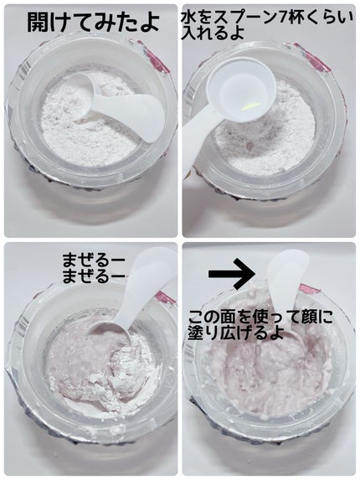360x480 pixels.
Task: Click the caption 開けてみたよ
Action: click(x=93, y=22)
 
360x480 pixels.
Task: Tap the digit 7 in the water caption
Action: click(x=282, y=19)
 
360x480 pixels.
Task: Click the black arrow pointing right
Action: click(x=232, y=273)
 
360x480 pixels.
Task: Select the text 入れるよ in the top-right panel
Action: click(x=213, y=33)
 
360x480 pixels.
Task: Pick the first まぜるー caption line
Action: click(x=93, y=261)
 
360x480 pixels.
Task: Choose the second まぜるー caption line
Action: click(x=93, y=276)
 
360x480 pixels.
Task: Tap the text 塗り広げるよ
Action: click(x=235, y=333)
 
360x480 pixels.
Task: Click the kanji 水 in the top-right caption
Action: click(x=188, y=19)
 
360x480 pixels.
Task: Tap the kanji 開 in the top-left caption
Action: click(x=38, y=22)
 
